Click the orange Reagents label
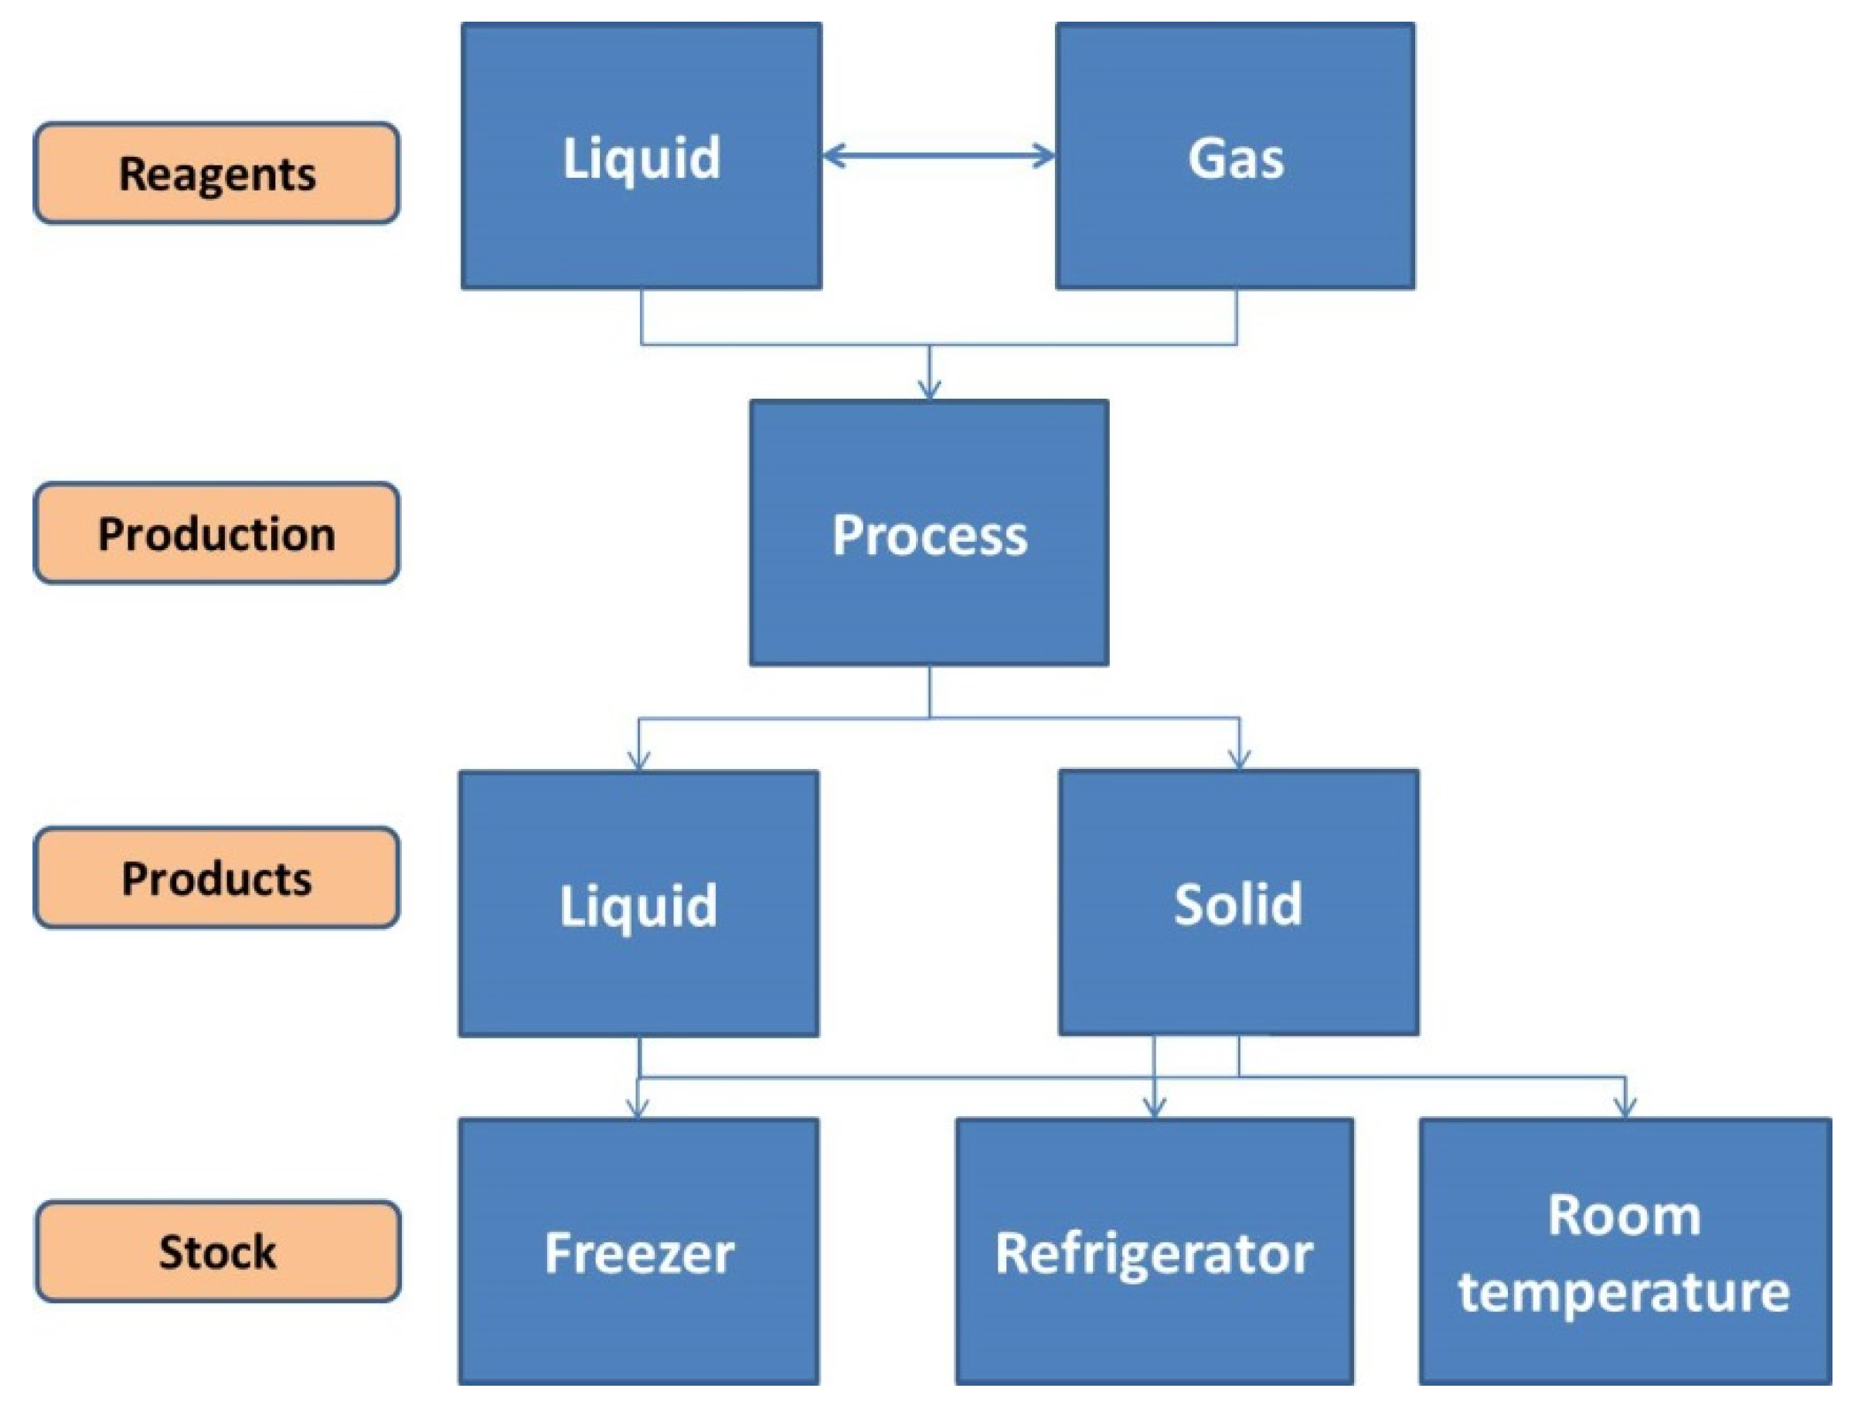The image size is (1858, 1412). tap(217, 173)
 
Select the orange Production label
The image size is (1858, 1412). tap(217, 532)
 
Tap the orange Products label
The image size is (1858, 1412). tap(217, 877)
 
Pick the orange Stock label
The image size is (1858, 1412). tap(217, 1250)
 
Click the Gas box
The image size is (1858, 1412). tap(1235, 156)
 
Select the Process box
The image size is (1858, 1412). tap(928, 532)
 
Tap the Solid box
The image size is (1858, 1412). tap(1239, 903)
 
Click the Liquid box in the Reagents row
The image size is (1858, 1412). tap(641, 156)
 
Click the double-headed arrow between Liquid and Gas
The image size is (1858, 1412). tap(938, 155)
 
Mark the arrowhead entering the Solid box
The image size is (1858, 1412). tap(1240, 760)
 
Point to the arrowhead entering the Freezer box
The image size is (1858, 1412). tap(638, 1110)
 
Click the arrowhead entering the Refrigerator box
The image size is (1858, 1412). tap(1154, 1110)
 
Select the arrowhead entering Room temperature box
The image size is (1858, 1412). tap(1625, 1110)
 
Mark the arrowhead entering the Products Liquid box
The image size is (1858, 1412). tap(638, 760)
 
